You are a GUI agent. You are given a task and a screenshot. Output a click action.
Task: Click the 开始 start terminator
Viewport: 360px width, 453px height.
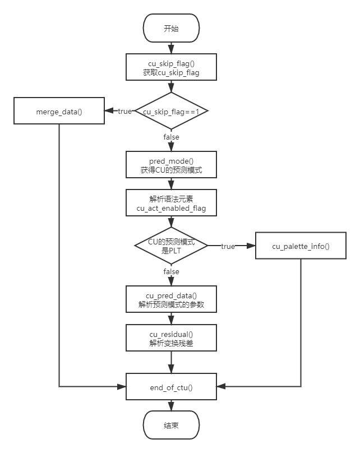tap(171, 29)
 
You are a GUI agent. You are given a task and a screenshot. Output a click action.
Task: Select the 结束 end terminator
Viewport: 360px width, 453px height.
tap(171, 426)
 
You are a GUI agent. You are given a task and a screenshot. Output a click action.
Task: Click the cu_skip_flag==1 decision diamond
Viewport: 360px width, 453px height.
tap(171, 112)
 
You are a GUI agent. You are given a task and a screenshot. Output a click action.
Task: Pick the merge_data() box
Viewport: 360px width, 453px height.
tap(59, 111)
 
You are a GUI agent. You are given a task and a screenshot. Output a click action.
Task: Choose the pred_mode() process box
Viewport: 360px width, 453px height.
tap(171, 165)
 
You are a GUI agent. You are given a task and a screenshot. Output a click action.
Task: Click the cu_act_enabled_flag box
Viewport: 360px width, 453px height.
tap(171, 204)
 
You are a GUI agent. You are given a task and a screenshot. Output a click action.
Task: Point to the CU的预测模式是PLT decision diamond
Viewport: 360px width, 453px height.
tap(171, 246)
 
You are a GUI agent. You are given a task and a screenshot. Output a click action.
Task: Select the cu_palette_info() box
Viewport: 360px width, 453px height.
tap(301, 246)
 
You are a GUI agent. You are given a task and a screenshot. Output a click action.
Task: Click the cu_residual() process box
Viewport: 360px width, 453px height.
tap(171, 339)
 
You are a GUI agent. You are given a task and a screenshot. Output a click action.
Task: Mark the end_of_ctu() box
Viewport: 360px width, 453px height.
tap(171, 386)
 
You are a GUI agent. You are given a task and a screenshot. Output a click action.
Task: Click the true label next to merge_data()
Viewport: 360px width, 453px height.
tap(124, 111)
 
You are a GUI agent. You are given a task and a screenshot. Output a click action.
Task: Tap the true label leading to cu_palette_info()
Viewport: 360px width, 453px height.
tap(228, 246)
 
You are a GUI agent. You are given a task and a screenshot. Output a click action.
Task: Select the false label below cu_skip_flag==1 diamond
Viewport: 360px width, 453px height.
tap(171, 137)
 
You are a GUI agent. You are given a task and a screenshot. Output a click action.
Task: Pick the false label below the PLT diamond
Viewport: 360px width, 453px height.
tap(171, 271)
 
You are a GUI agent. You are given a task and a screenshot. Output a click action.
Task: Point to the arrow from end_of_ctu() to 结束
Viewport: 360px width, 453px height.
tap(171, 405)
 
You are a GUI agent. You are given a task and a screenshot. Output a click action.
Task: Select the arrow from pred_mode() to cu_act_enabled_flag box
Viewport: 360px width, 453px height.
tap(171, 184)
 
